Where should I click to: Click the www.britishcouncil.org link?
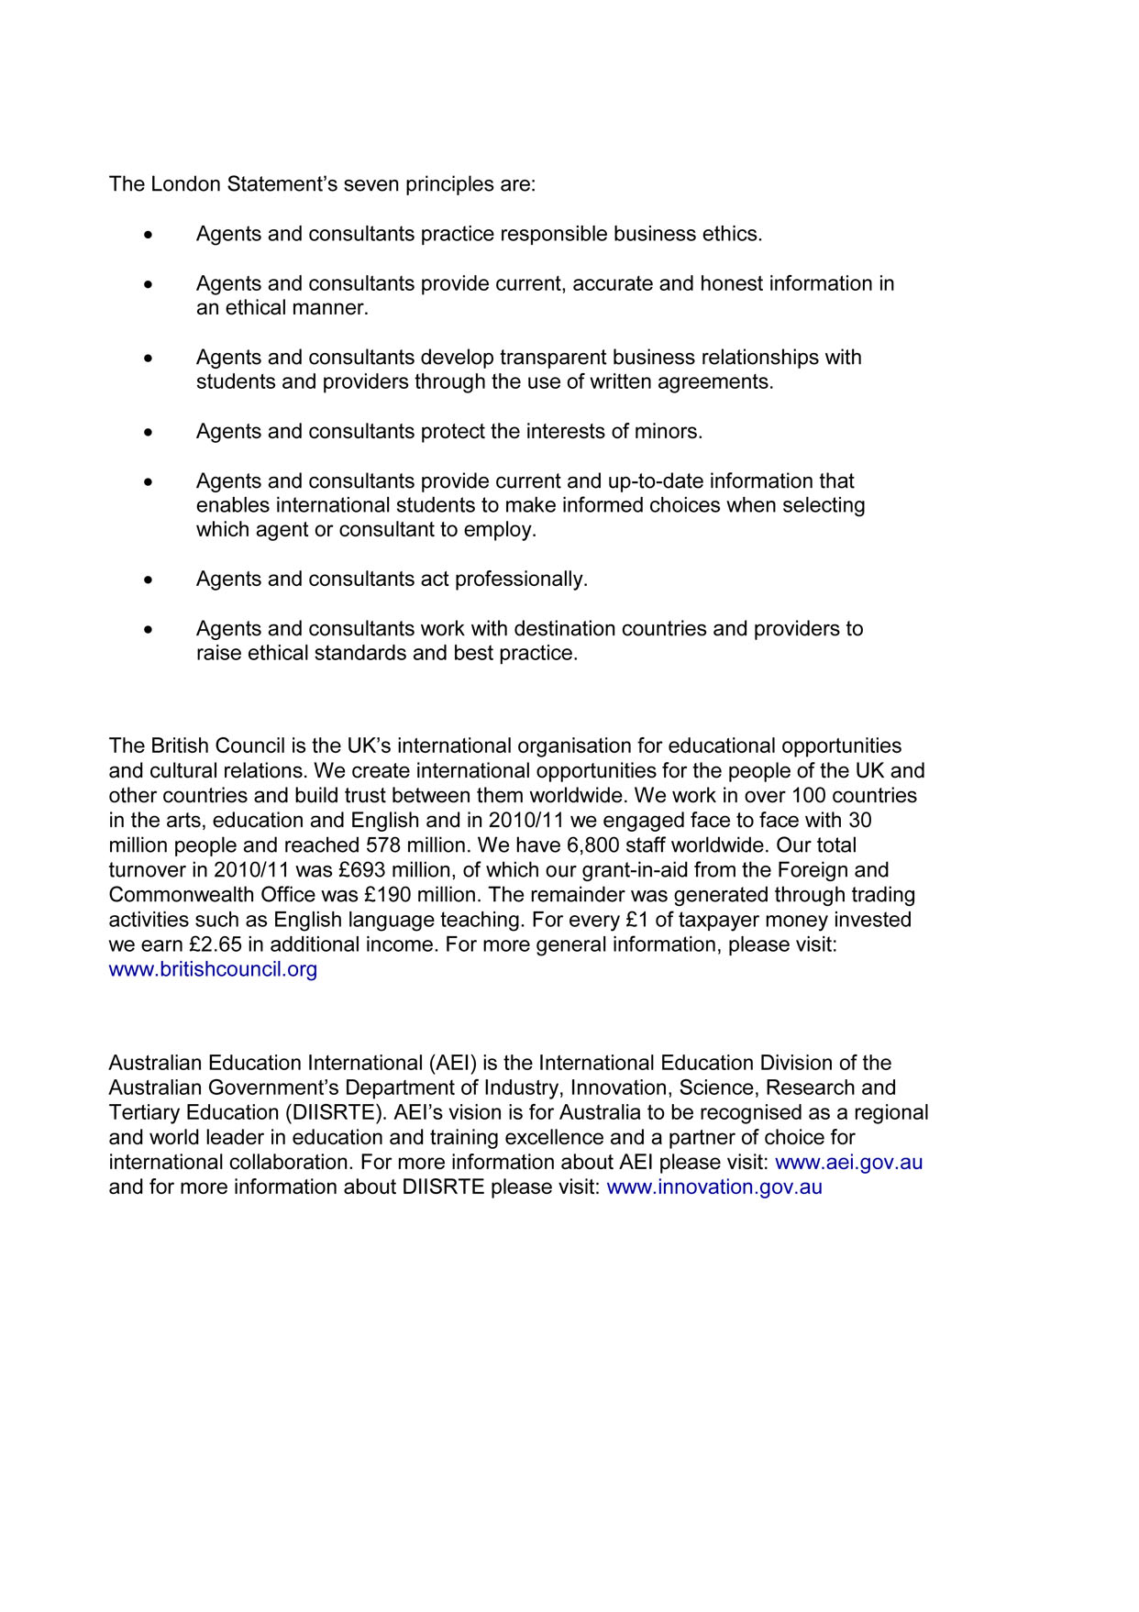click(213, 969)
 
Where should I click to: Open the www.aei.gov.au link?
click(848, 1163)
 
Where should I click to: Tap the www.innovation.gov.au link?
click(714, 1187)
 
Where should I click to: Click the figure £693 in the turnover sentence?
click(360, 870)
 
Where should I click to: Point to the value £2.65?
click(216, 944)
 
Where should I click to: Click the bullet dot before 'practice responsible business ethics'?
click(149, 235)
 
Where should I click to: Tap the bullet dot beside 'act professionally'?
click(149, 580)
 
